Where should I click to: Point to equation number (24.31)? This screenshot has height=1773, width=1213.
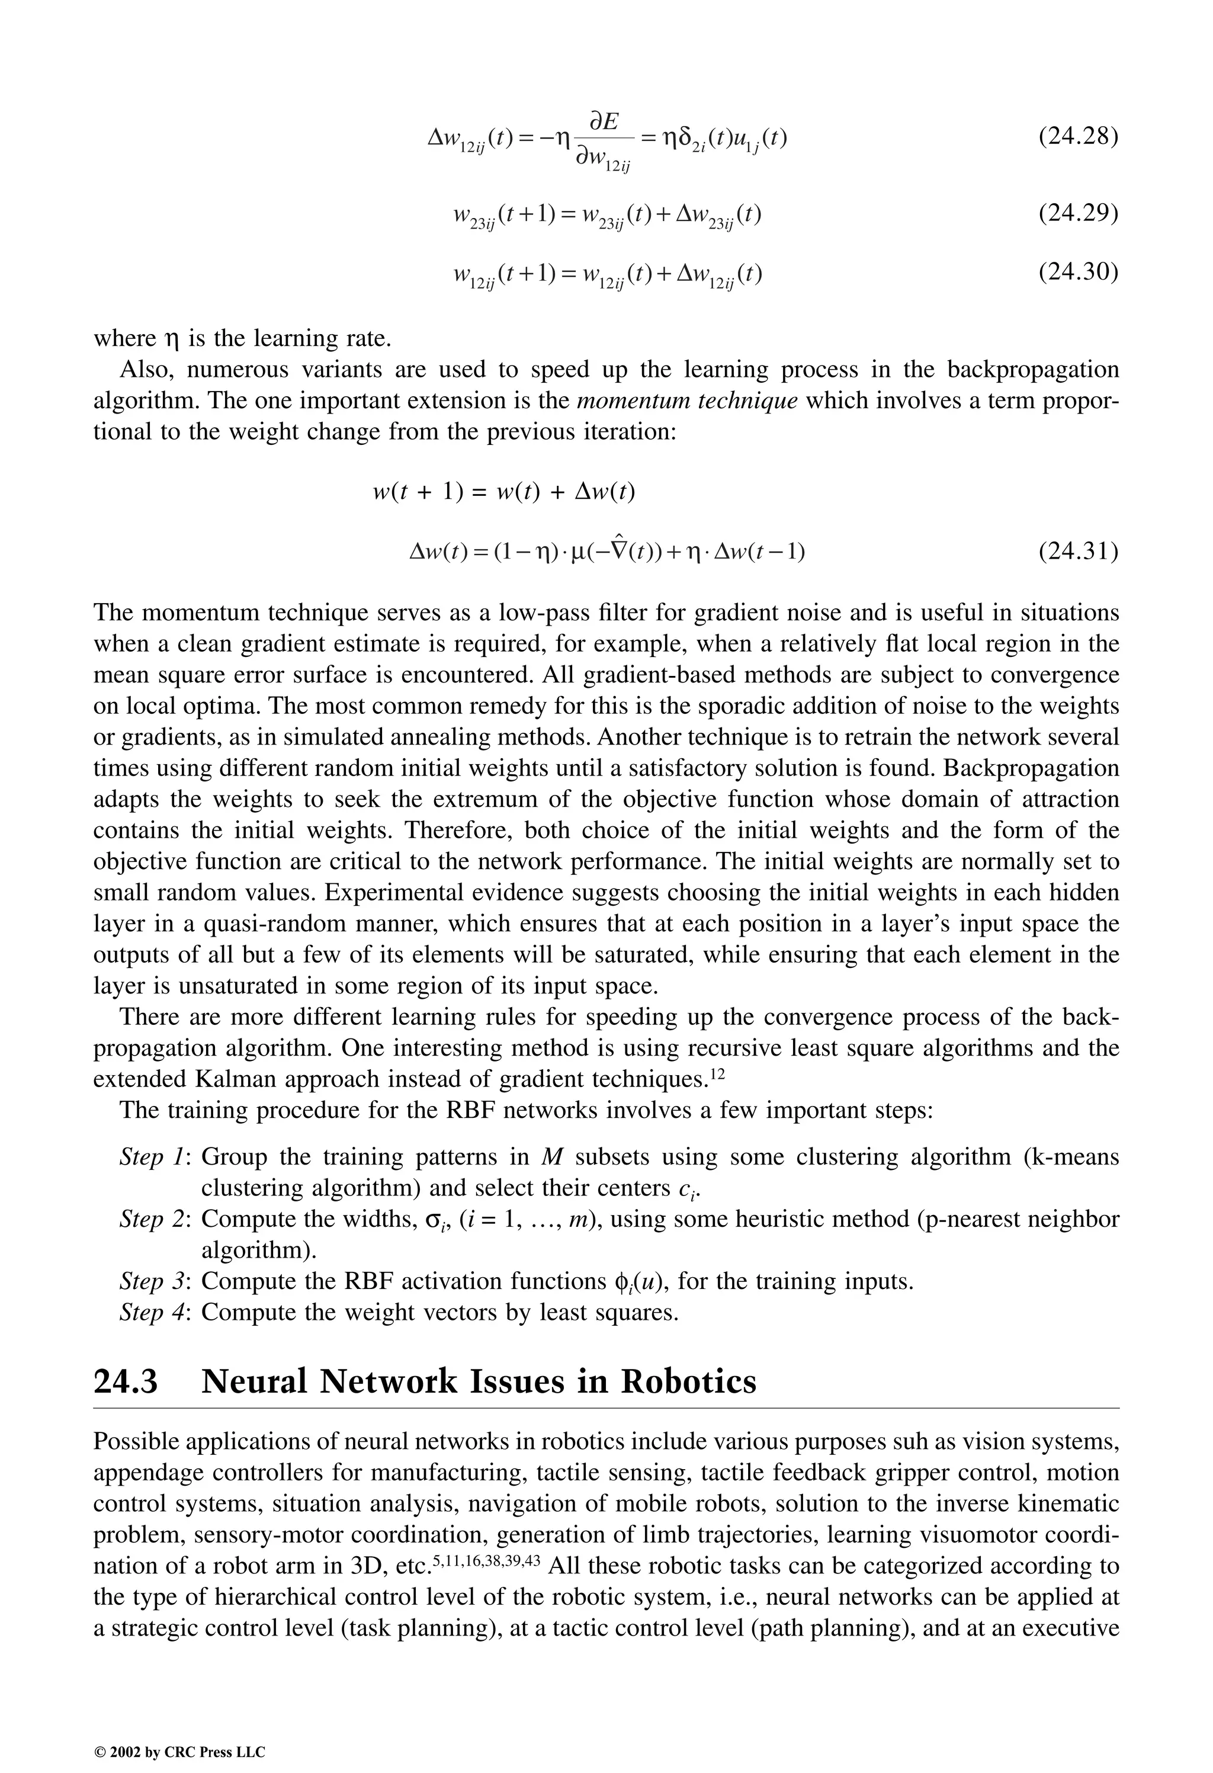point(1078,550)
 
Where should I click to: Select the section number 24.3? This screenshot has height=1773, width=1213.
point(126,1381)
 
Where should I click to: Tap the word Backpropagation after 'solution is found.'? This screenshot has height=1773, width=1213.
point(1031,768)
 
